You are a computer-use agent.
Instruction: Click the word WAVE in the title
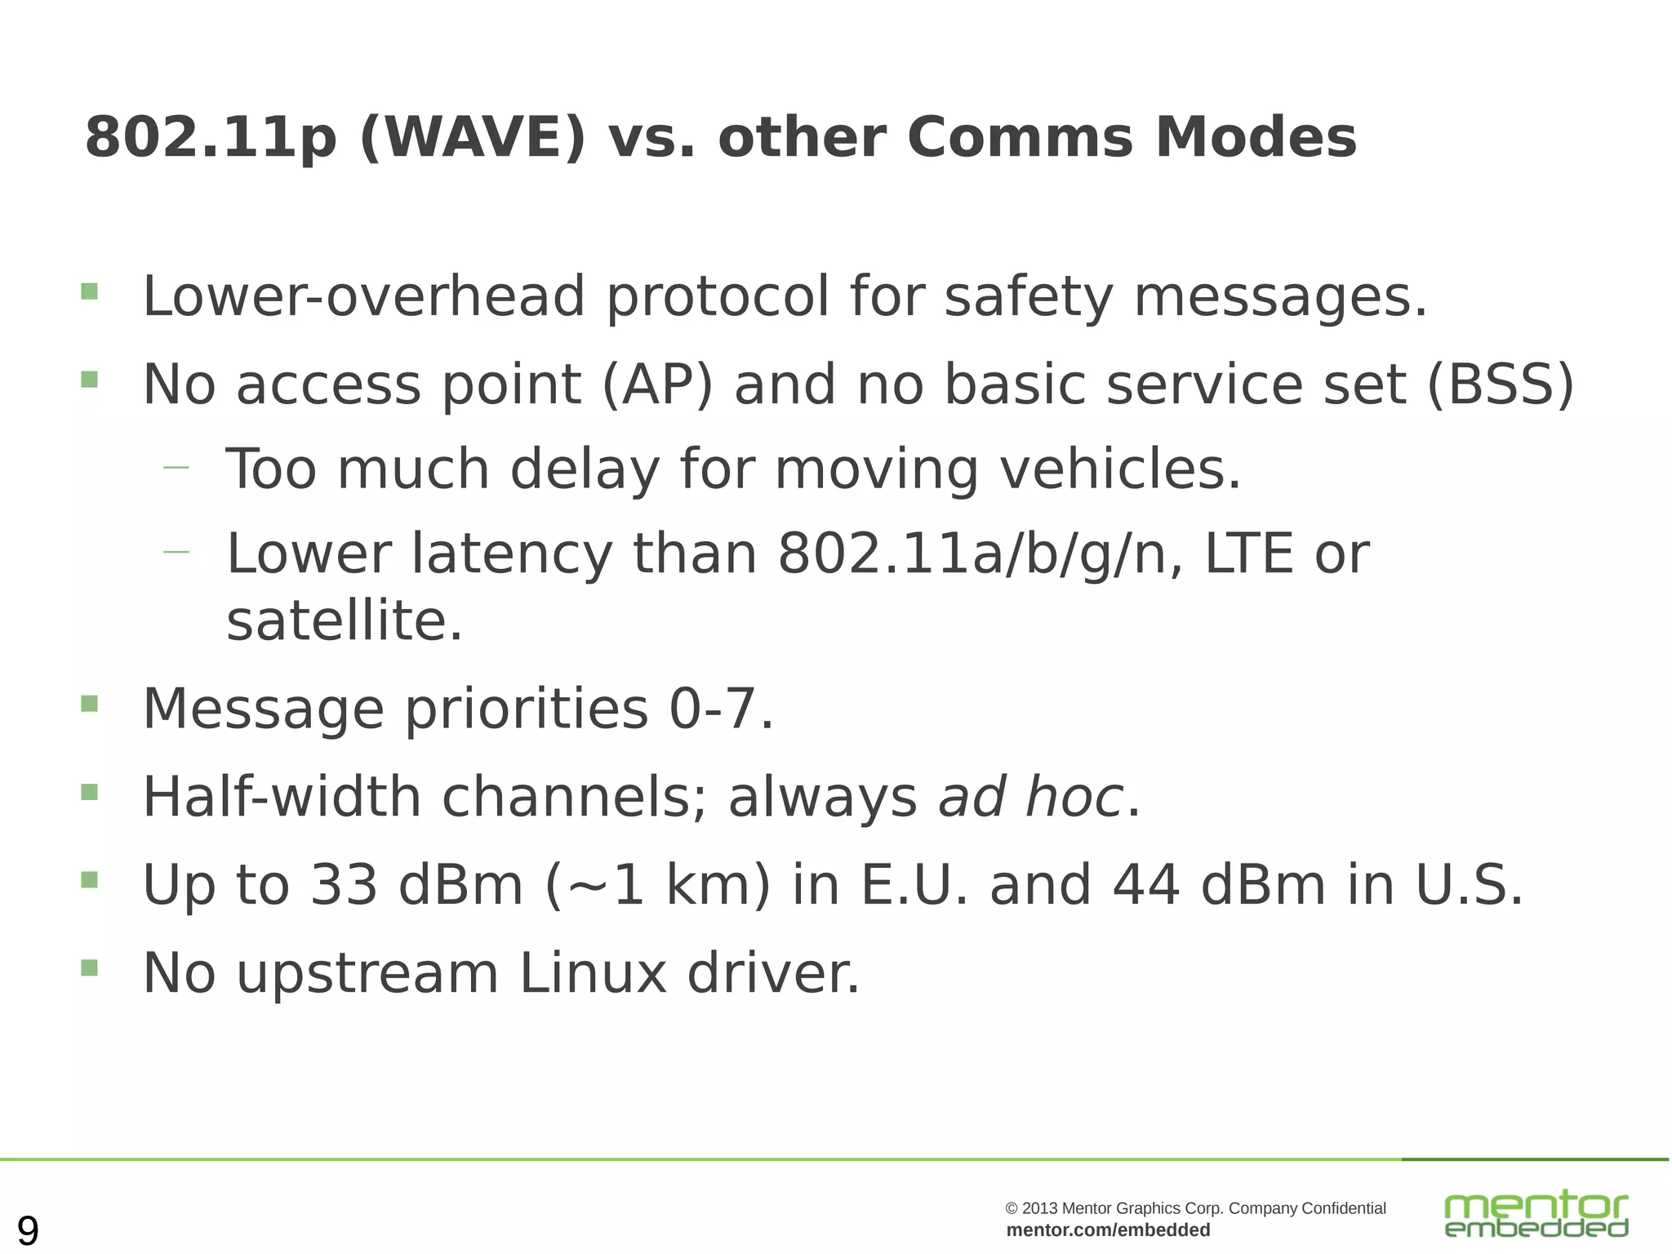473,137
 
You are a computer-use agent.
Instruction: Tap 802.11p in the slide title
211,137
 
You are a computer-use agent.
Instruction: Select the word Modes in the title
1255,137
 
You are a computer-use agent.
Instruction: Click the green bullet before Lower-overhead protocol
90,291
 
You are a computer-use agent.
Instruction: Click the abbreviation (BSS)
1500,384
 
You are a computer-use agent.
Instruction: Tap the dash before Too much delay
176,468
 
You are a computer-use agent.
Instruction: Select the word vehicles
1119,469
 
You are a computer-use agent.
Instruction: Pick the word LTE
1248,554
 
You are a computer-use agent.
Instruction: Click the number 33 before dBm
344,885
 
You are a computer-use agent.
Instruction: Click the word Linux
593,973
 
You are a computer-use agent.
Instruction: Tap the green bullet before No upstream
90,968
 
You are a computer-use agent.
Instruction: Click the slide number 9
28,1230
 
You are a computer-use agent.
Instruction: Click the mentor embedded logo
1536,1214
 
